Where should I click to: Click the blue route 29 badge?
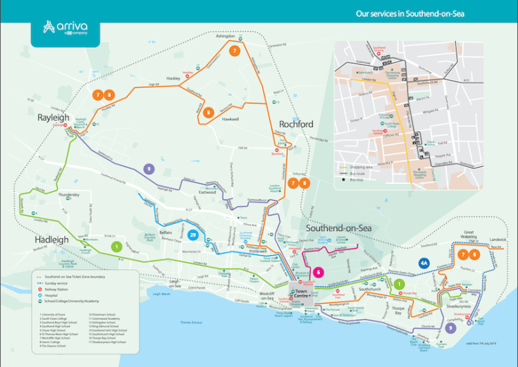click(x=193, y=235)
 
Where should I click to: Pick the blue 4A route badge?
click(x=424, y=263)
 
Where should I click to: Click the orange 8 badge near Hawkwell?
click(x=208, y=112)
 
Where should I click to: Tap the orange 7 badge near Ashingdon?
click(x=235, y=51)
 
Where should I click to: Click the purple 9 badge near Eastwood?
click(x=148, y=169)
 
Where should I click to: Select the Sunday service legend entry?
click(x=64, y=282)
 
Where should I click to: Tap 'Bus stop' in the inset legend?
click(x=357, y=180)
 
